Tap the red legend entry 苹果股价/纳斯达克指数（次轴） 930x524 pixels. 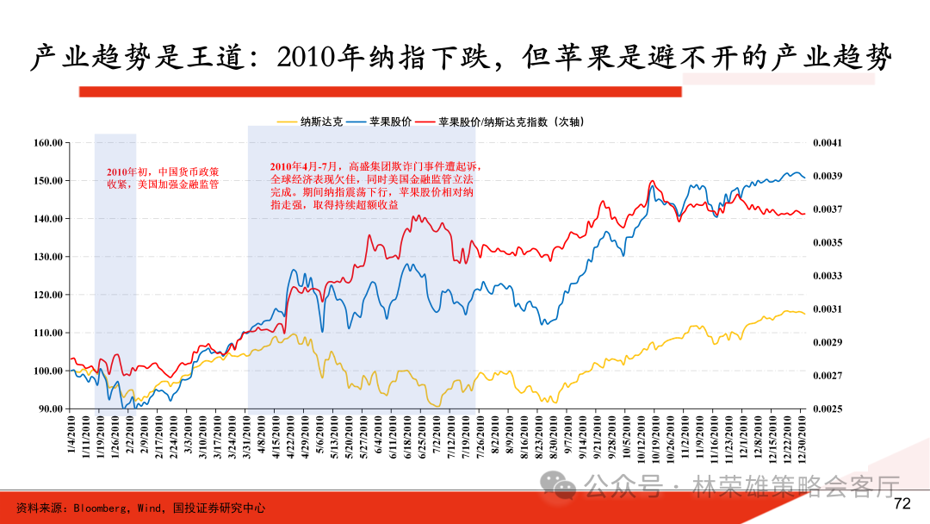pos(512,122)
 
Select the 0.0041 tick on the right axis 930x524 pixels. pos(828,143)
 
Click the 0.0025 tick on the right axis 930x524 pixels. pos(828,409)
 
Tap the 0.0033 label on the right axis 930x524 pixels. pos(828,276)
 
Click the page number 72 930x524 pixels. pos(902,504)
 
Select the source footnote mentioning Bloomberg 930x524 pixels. pos(141,508)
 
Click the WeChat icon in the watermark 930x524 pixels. pos(564,488)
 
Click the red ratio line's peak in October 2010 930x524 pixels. pos(652,182)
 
